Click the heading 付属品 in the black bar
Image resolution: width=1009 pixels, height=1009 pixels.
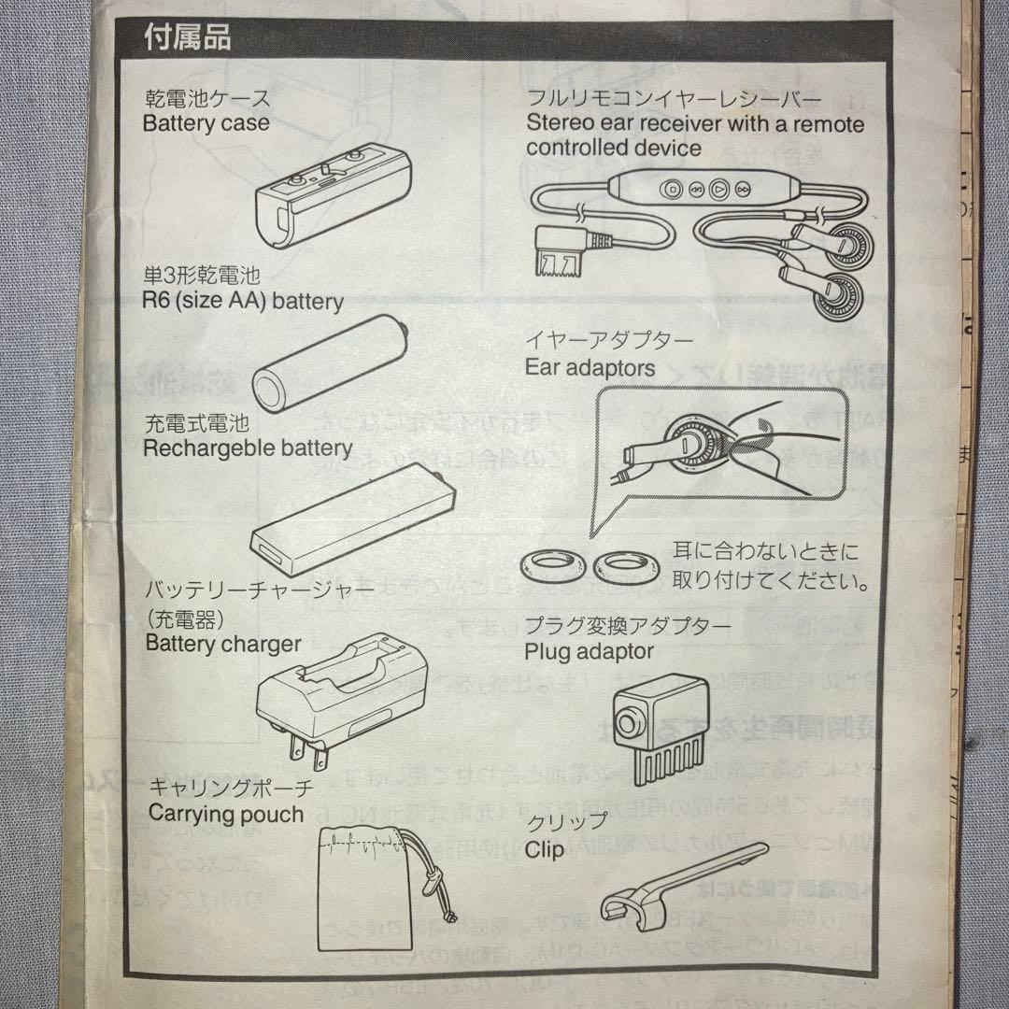187,39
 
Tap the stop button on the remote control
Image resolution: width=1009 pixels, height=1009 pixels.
671,189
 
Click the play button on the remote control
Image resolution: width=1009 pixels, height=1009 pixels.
718,189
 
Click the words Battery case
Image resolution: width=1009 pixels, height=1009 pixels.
206,122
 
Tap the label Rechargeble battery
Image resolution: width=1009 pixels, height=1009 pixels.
248,448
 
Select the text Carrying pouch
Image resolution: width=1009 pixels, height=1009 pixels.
226,813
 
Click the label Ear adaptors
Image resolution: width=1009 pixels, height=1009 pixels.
590,368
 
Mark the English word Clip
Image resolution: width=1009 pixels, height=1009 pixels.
545,850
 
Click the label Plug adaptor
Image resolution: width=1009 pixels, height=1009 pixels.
589,651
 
